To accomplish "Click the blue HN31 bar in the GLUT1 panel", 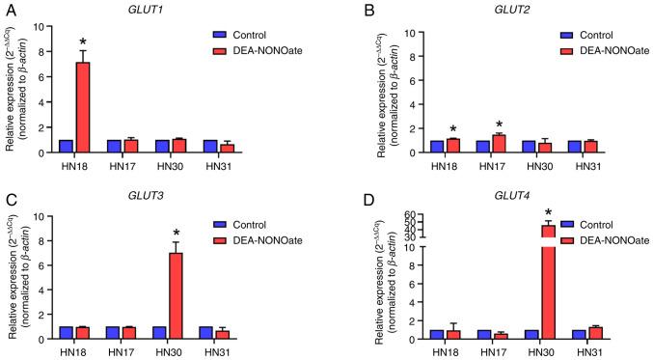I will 209,146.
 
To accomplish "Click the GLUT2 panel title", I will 472,9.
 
